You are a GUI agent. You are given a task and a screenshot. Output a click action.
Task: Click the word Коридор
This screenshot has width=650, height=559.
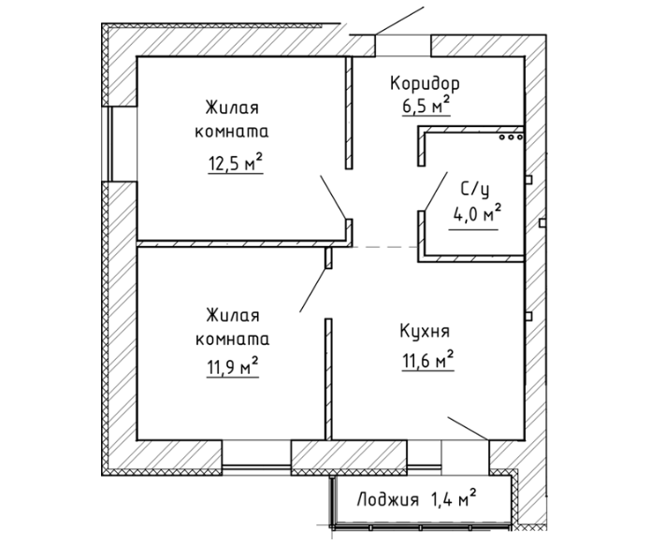(425, 84)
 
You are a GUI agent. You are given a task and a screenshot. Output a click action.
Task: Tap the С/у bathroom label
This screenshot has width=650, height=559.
(475, 190)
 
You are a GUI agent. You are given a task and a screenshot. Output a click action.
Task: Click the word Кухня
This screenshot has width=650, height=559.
(426, 333)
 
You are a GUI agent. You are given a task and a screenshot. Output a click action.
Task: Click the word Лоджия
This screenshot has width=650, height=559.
(387, 500)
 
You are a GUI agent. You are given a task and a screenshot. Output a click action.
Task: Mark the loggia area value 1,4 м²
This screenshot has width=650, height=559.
(454, 498)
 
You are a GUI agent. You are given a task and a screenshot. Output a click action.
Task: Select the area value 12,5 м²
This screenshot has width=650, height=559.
(235, 165)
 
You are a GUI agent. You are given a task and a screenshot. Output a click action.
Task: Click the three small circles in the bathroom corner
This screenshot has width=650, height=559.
(511, 136)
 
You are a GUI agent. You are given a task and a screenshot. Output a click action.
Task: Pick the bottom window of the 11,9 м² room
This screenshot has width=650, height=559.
(256, 457)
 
